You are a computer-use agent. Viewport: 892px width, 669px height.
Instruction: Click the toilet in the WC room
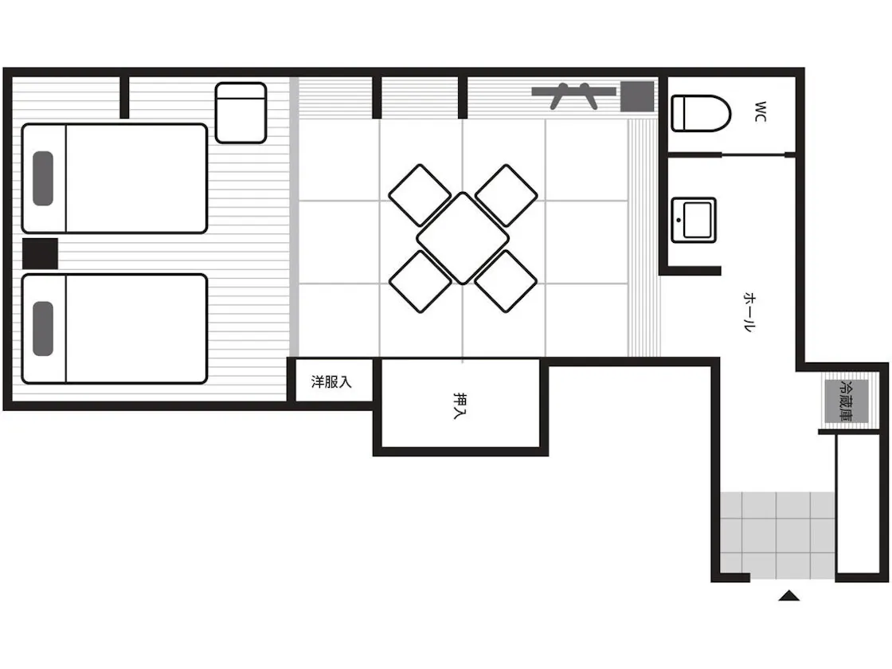pyautogui.click(x=701, y=113)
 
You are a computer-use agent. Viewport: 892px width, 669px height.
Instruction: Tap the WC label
pyautogui.click(x=761, y=111)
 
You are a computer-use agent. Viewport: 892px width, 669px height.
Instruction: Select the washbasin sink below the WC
pyautogui.click(x=694, y=220)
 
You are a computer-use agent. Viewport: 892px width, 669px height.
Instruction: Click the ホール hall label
pyautogui.click(x=750, y=311)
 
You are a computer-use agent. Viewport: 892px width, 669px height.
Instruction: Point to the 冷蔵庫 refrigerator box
pyautogui.click(x=847, y=401)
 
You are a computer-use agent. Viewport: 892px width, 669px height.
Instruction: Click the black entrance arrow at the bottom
pyautogui.click(x=789, y=596)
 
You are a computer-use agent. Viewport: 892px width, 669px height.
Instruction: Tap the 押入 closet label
pyautogui.click(x=460, y=405)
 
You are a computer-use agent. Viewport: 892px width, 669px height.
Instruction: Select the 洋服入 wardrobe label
pyautogui.click(x=331, y=381)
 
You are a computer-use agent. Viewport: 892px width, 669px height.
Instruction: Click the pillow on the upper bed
pyautogui.click(x=43, y=178)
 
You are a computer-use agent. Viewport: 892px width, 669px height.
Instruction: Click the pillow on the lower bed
pyautogui.click(x=43, y=328)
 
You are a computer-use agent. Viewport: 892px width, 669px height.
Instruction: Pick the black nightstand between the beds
pyautogui.click(x=41, y=254)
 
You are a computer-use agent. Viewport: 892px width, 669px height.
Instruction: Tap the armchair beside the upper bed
pyautogui.click(x=241, y=112)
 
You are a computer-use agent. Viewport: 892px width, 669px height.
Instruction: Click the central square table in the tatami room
pyautogui.click(x=463, y=238)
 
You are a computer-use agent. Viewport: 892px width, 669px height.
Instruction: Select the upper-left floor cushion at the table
pyautogui.click(x=420, y=195)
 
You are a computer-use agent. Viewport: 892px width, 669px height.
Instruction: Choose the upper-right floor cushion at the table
pyautogui.click(x=507, y=195)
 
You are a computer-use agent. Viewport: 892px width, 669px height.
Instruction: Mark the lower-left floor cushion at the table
pyautogui.click(x=420, y=282)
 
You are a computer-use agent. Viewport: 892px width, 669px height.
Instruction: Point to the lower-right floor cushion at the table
pyautogui.click(x=507, y=282)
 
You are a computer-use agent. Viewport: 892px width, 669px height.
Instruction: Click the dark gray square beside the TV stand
pyautogui.click(x=636, y=96)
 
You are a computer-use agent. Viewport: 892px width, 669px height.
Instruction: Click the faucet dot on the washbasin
pyautogui.click(x=679, y=220)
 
